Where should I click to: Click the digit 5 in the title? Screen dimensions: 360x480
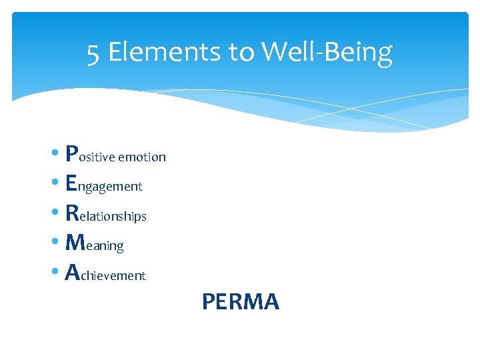93,52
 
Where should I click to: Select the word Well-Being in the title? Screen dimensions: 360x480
327,52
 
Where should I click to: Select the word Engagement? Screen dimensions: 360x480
105,185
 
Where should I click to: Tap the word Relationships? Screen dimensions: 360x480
107,214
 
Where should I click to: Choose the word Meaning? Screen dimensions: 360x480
95,243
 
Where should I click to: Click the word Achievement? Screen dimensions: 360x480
106,273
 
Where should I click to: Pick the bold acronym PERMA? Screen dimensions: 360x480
240,302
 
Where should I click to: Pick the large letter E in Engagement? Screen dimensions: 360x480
72,183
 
